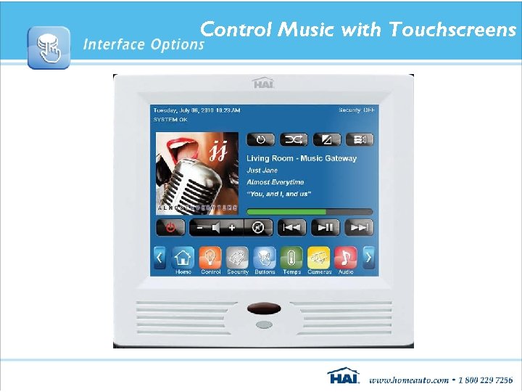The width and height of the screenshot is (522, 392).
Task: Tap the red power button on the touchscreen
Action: coord(170,227)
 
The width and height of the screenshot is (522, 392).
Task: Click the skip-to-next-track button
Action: coord(359,227)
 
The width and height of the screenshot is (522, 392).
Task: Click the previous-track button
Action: coord(292,227)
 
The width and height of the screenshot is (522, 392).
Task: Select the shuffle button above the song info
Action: coord(293,139)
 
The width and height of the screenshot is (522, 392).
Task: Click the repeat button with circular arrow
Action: coord(260,139)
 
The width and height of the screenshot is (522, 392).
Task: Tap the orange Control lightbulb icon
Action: coord(210,257)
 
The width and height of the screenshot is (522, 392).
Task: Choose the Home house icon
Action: coord(183,257)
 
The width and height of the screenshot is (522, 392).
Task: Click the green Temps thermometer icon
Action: coord(291,257)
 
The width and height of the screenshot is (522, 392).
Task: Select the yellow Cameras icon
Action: coord(319,257)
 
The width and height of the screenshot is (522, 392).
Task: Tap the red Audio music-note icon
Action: coord(346,257)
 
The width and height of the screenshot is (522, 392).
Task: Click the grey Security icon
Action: coord(237,257)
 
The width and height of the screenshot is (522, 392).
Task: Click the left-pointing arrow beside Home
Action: coord(160,257)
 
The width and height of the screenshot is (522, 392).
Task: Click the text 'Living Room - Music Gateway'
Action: coord(302,158)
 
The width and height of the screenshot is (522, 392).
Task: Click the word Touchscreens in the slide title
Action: coord(452,30)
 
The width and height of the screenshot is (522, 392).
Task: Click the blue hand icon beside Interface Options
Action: coord(49,47)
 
